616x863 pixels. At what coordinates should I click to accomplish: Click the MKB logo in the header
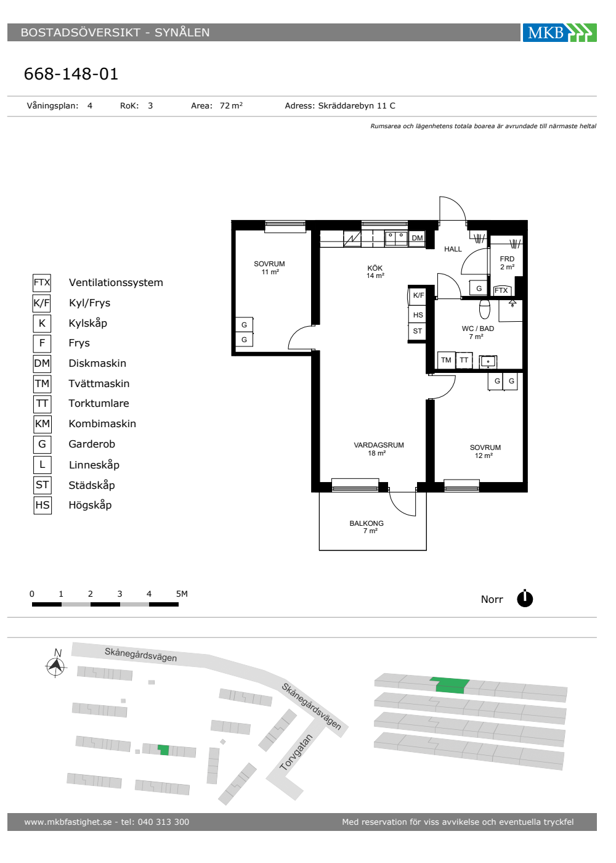click(559, 32)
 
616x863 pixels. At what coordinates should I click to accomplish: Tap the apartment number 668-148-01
click(71, 73)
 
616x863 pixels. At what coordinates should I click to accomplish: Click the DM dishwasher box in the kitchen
click(417, 238)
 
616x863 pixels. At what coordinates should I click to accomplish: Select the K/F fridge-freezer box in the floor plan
click(418, 295)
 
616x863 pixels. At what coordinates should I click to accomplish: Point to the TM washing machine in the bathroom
click(446, 360)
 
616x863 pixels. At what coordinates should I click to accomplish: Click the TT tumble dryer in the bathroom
click(464, 360)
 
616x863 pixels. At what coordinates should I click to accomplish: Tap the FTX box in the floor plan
click(501, 290)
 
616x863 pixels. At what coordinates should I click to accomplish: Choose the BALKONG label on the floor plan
click(366, 523)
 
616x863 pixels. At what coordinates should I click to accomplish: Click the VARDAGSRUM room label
click(379, 445)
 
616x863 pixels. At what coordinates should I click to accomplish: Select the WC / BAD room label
click(478, 329)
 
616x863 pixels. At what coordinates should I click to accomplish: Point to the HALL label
click(453, 249)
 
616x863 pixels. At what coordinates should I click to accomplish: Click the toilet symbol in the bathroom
click(484, 309)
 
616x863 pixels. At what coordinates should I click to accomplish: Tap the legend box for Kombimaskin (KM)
click(43, 424)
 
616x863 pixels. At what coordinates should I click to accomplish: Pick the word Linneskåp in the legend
click(94, 465)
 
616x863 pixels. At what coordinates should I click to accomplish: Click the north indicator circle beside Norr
click(525, 599)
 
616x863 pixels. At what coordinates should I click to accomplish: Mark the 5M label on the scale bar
click(182, 594)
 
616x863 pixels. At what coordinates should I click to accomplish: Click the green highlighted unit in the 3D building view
click(450, 685)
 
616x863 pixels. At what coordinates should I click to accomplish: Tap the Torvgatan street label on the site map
click(296, 752)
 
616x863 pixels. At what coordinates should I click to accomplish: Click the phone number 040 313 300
click(163, 822)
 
